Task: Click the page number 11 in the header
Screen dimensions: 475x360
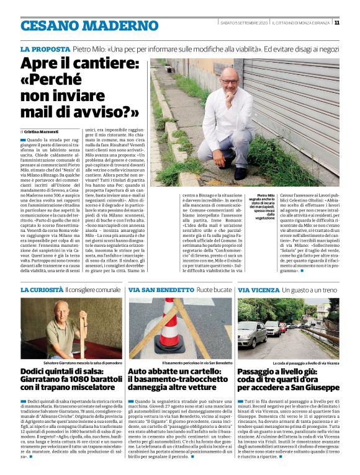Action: tap(337, 23)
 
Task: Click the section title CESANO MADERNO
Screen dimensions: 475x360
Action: tap(81, 25)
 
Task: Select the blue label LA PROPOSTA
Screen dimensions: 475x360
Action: tap(45, 49)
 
